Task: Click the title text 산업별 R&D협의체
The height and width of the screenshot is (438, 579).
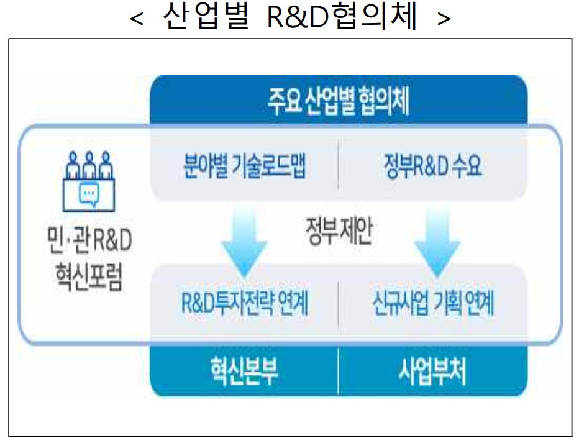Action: (290, 16)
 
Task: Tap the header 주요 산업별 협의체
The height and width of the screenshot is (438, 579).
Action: (339, 101)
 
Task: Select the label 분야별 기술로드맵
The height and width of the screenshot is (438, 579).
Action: (244, 166)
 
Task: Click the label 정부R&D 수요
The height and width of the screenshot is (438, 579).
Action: (433, 166)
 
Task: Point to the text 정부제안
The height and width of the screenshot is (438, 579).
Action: (339, 231)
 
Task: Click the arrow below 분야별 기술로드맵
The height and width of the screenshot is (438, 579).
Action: (244, 242)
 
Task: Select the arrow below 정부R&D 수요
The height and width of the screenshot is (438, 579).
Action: (437, 242)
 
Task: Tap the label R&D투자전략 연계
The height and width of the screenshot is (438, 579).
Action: (244, 303)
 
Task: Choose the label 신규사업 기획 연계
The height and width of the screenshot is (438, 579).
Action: (433, 303)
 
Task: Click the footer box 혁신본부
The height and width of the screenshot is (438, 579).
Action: (244, 371)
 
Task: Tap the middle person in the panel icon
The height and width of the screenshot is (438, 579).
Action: (89, 165)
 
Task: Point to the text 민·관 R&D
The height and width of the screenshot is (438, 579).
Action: (89, 240)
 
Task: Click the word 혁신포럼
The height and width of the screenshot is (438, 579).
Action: (89, 277)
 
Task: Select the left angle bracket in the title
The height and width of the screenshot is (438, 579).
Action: (136, 19)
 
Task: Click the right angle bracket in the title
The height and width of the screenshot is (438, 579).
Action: (444, 19)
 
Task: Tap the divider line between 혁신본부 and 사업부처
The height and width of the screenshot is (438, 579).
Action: (338, 371)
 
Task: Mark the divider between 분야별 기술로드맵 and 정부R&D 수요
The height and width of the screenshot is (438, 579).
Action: (338, 165)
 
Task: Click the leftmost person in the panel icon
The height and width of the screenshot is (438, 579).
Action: (73, 165)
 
